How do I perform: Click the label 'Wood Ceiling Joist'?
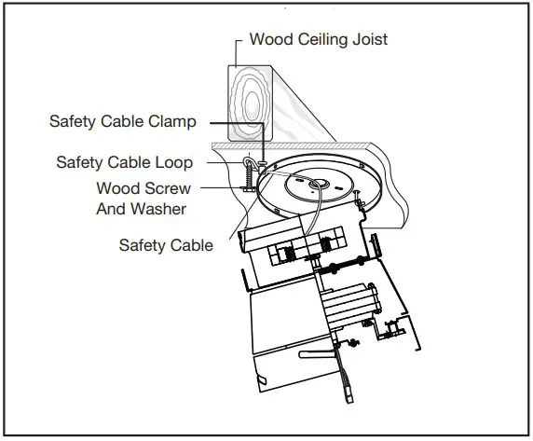(319, 40)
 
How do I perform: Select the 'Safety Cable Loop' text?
(124, 162)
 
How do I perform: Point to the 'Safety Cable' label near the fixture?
(166, 245)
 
